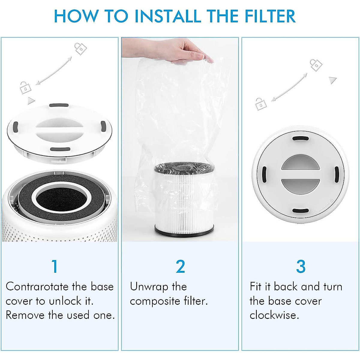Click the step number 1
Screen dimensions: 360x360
pyautogui.click(x=55, y=266)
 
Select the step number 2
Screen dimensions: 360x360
pyautogui.click(x=180, y=266)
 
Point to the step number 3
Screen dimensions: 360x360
pyautogui.click(x=301, y=266)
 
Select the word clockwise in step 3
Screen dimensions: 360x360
pyautogui.click(x=274, y=315)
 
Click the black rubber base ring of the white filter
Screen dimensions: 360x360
pyautogui.click(x=184, y=231)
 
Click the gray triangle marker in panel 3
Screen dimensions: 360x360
pyautogui.click(x=333, y=80)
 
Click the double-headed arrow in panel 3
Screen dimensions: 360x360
pyautogui.click(x=289, y=87)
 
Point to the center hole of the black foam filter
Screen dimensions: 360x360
pyautogui.click(x=63, y=198)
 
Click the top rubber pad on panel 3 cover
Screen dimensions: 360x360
pyautogui.click(x=300, y=139)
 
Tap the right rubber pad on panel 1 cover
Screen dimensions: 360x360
pyautogui.click(x=103, y=126)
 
